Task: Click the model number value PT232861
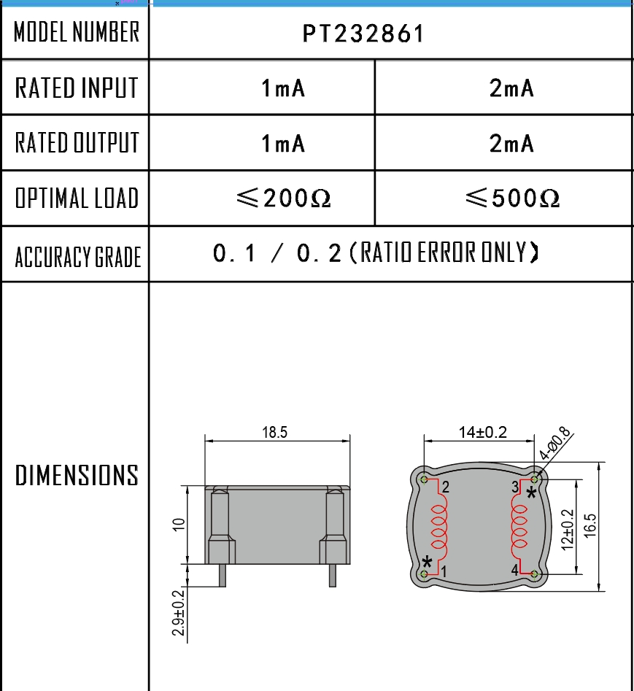(x=363, y=34)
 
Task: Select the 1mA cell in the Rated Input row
(x=283, y=88)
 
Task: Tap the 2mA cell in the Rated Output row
(x=511, y=143)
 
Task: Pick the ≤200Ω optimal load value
(x=283, y=198)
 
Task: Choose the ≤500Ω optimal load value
(x=512, y=198)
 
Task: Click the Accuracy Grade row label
(x=77, y=257)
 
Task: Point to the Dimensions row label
(x=77, y=475)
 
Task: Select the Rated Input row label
(x=77, y=88)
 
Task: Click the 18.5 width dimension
(x=274, y=432)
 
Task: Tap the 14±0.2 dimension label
(x=483, y=432)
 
